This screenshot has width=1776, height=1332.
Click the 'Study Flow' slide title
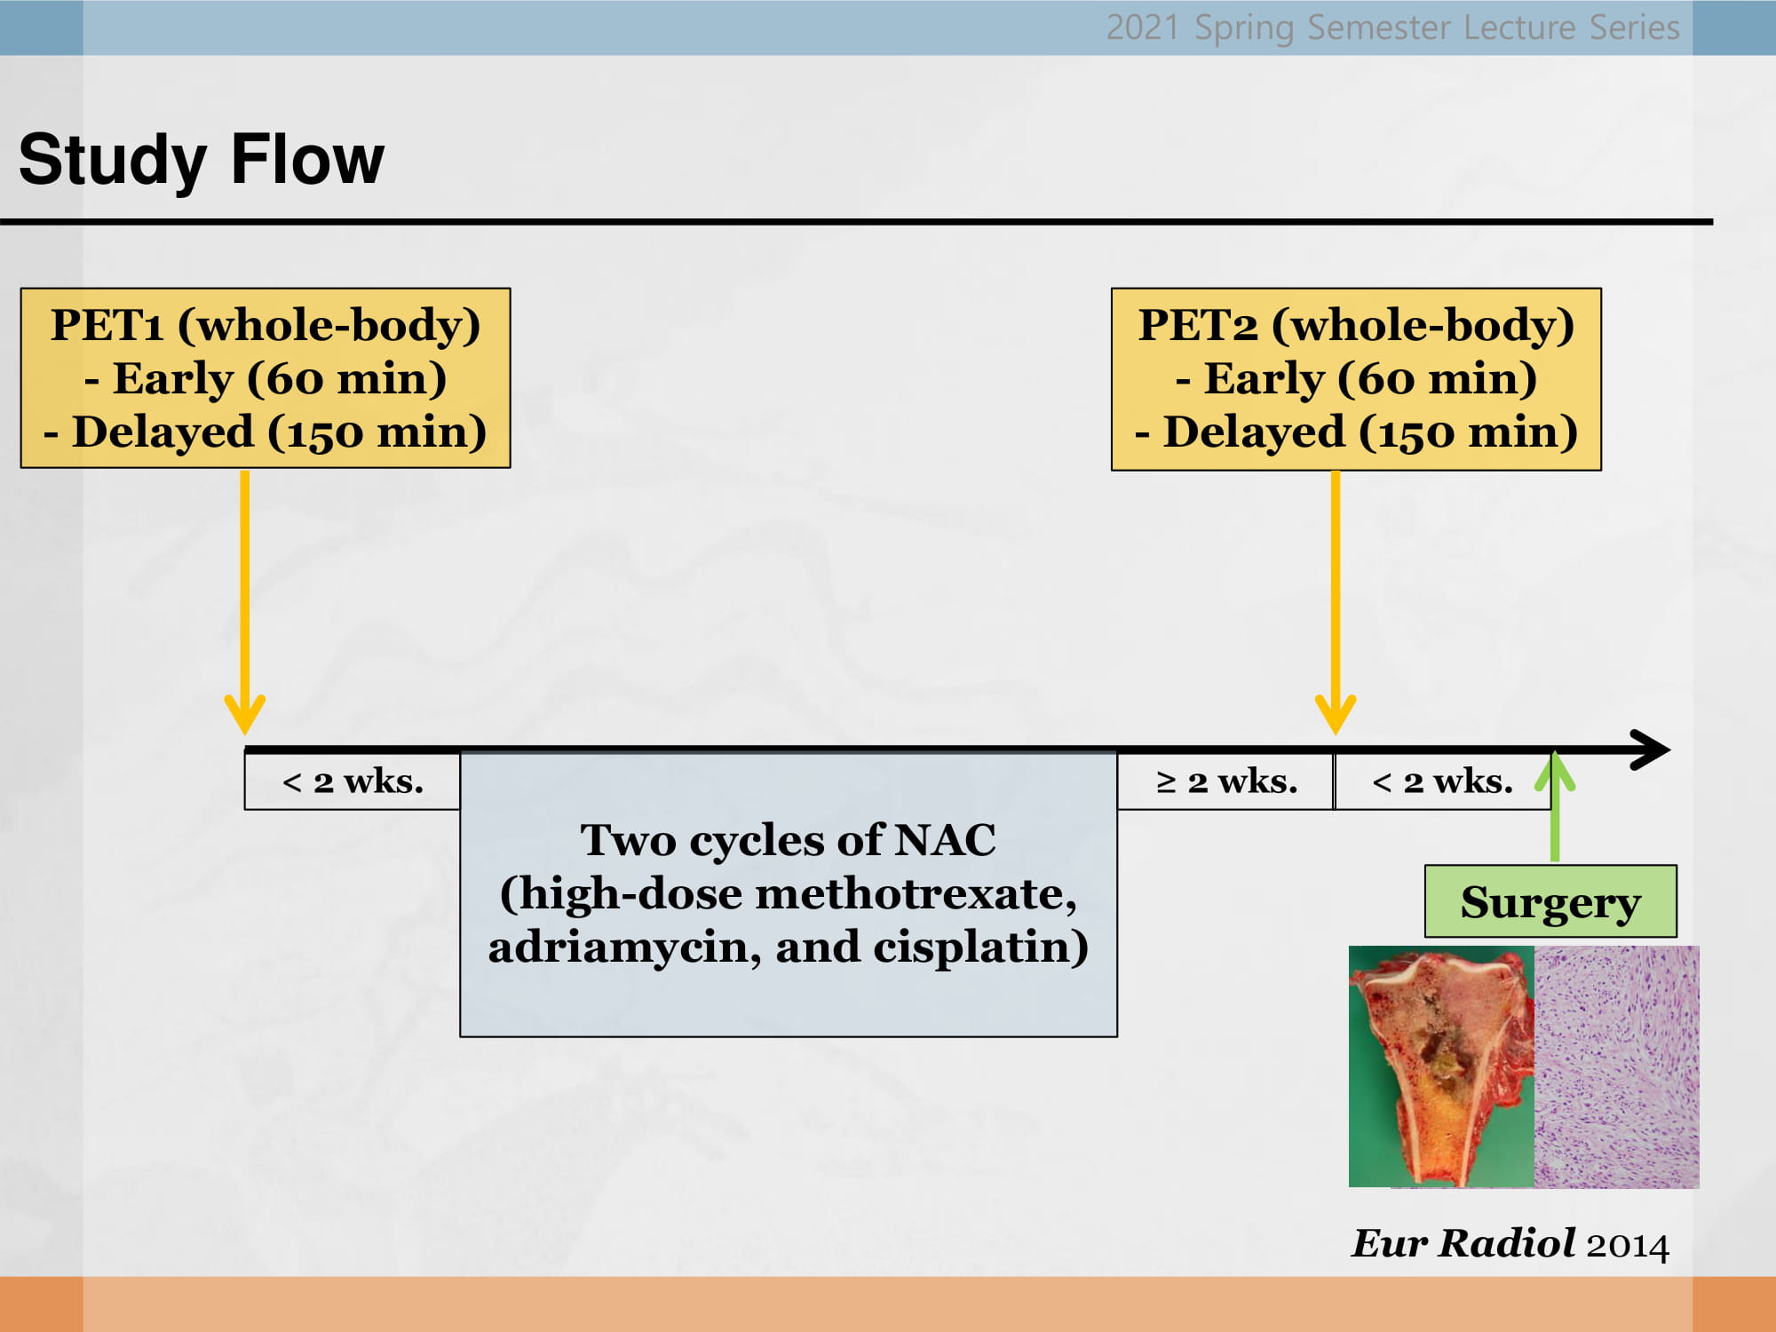202,160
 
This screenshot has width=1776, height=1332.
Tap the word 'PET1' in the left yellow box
107,325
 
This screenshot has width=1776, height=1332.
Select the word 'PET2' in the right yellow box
1199,325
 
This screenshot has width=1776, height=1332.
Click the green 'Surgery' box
1550,901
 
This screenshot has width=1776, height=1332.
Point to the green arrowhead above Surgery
1555,771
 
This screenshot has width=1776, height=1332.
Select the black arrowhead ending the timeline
1653,750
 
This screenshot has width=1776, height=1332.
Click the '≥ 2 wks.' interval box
1226,781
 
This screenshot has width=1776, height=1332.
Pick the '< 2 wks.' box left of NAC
353,781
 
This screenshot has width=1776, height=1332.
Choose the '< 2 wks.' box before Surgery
1443,781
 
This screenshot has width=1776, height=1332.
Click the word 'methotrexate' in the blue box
915,893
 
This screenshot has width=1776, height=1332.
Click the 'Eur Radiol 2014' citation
1510,1243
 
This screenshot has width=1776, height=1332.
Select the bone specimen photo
1441,1066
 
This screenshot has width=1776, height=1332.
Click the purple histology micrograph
1617,1066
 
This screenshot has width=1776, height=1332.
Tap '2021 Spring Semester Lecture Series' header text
1393,28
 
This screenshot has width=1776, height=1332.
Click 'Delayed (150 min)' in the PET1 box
280,432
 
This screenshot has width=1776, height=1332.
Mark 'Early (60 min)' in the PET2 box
1370,379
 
